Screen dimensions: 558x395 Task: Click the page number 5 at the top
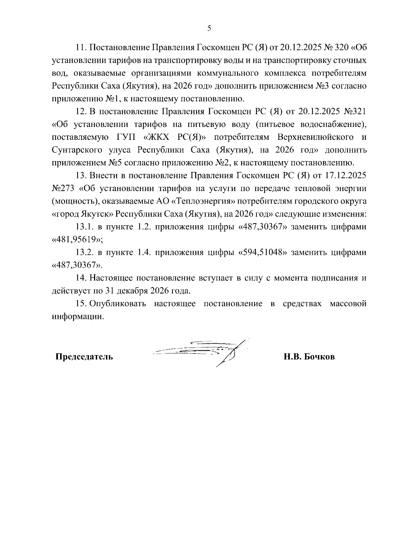(209, 28)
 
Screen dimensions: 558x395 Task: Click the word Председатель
(84, 357)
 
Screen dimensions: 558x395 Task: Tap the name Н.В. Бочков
(309, 357)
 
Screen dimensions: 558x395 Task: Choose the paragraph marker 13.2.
(85, 253)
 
